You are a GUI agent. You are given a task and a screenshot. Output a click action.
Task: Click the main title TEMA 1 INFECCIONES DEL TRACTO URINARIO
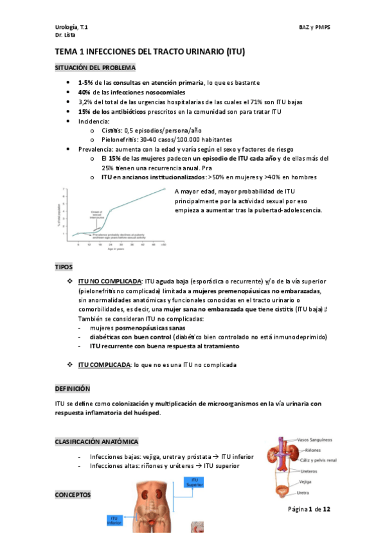(x=150, y=51)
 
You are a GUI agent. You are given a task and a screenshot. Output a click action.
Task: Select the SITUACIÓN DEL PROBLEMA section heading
(x=94, y=67)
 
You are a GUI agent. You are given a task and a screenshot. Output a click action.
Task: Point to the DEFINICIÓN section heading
(x=72, y=389)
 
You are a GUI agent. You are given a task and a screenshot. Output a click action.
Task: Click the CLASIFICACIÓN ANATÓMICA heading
(x=96, y=442)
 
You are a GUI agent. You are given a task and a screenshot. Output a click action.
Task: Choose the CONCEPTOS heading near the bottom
(x=73, y=495)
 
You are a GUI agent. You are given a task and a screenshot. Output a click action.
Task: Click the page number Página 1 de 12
(x=309, y=509)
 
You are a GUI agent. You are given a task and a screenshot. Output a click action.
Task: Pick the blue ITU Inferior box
(x=116, y=520)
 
